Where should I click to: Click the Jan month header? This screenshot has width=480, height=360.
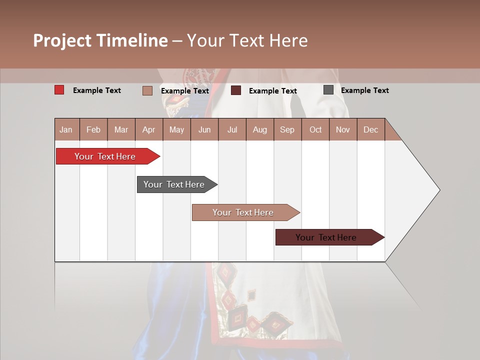tap(66, 129)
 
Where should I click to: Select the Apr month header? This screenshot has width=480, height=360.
tap(149, 129)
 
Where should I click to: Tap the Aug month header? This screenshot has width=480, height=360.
tap(260, 129)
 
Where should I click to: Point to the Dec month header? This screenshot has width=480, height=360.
tap(371, 129)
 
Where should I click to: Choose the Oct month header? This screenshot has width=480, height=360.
tap(315, 129)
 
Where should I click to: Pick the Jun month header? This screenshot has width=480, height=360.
tap(204, 129)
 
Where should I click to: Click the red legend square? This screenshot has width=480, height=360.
tap(59, 90)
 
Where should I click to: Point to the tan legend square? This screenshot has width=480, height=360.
tap(147, 90)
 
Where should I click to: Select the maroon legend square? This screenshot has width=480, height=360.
tap(236, 90)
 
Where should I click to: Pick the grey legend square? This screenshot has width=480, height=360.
tap(328, 90)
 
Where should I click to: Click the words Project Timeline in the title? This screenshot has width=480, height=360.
tap(100, 40)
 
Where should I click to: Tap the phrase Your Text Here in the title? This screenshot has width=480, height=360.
tap(247, 40)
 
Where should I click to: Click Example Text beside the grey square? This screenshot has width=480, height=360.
tap(365, 90)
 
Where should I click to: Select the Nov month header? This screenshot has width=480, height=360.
tap(343, 129)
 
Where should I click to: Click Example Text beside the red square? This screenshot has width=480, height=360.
tap(97, 90)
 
